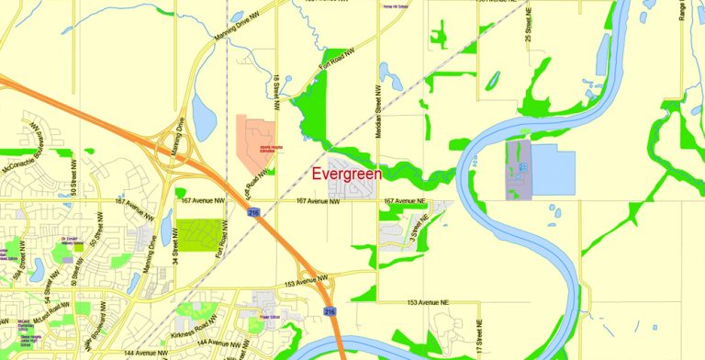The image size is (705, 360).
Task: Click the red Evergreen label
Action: point(347,173)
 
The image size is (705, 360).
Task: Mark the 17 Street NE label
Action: point(479,336)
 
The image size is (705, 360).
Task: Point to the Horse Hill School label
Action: point(395,6)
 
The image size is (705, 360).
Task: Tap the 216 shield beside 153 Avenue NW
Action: point(328,312)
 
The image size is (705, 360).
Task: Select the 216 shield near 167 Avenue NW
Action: point(252,212)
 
